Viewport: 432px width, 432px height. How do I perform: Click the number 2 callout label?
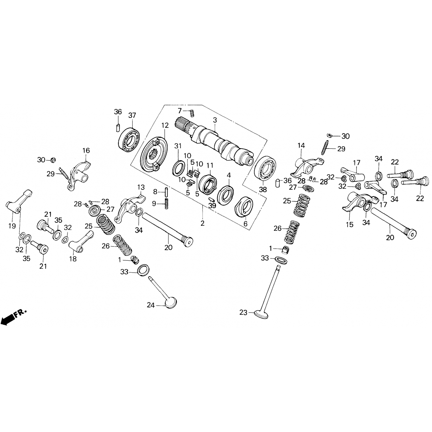[x=202, y=223]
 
